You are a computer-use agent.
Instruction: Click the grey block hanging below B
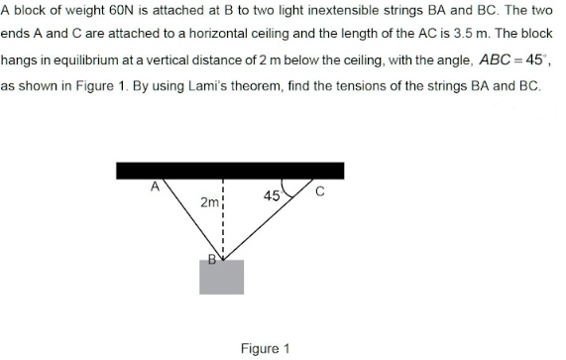click(221, 278)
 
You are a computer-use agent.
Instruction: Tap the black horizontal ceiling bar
click(230, 171)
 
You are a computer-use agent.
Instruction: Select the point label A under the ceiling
click(155, 185)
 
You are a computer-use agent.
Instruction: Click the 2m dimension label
click(208, 202)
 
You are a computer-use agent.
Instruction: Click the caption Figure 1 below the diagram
click(265, 348)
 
